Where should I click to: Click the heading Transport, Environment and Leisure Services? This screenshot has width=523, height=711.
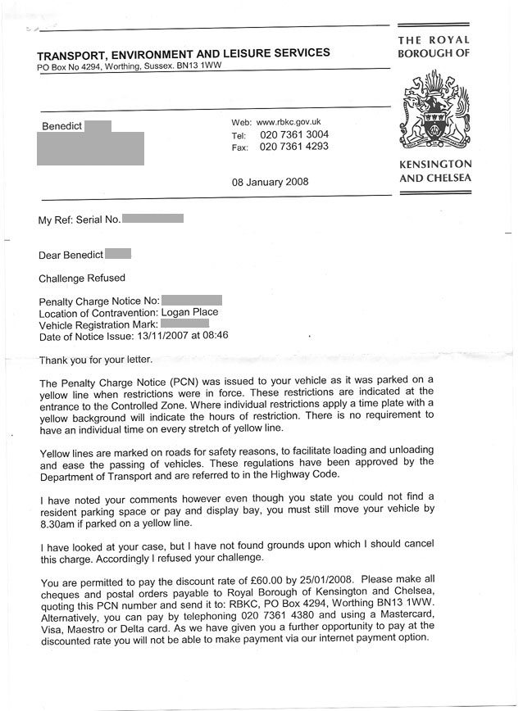pos(184,53)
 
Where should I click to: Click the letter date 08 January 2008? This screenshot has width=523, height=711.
pos(270,182)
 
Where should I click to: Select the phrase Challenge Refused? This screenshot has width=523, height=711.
pos(82,278)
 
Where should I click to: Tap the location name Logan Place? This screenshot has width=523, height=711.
pos(189,312)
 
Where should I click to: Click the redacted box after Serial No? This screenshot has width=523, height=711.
pos(152,219)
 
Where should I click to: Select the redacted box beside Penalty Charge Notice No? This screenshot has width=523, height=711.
pos(192,301)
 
